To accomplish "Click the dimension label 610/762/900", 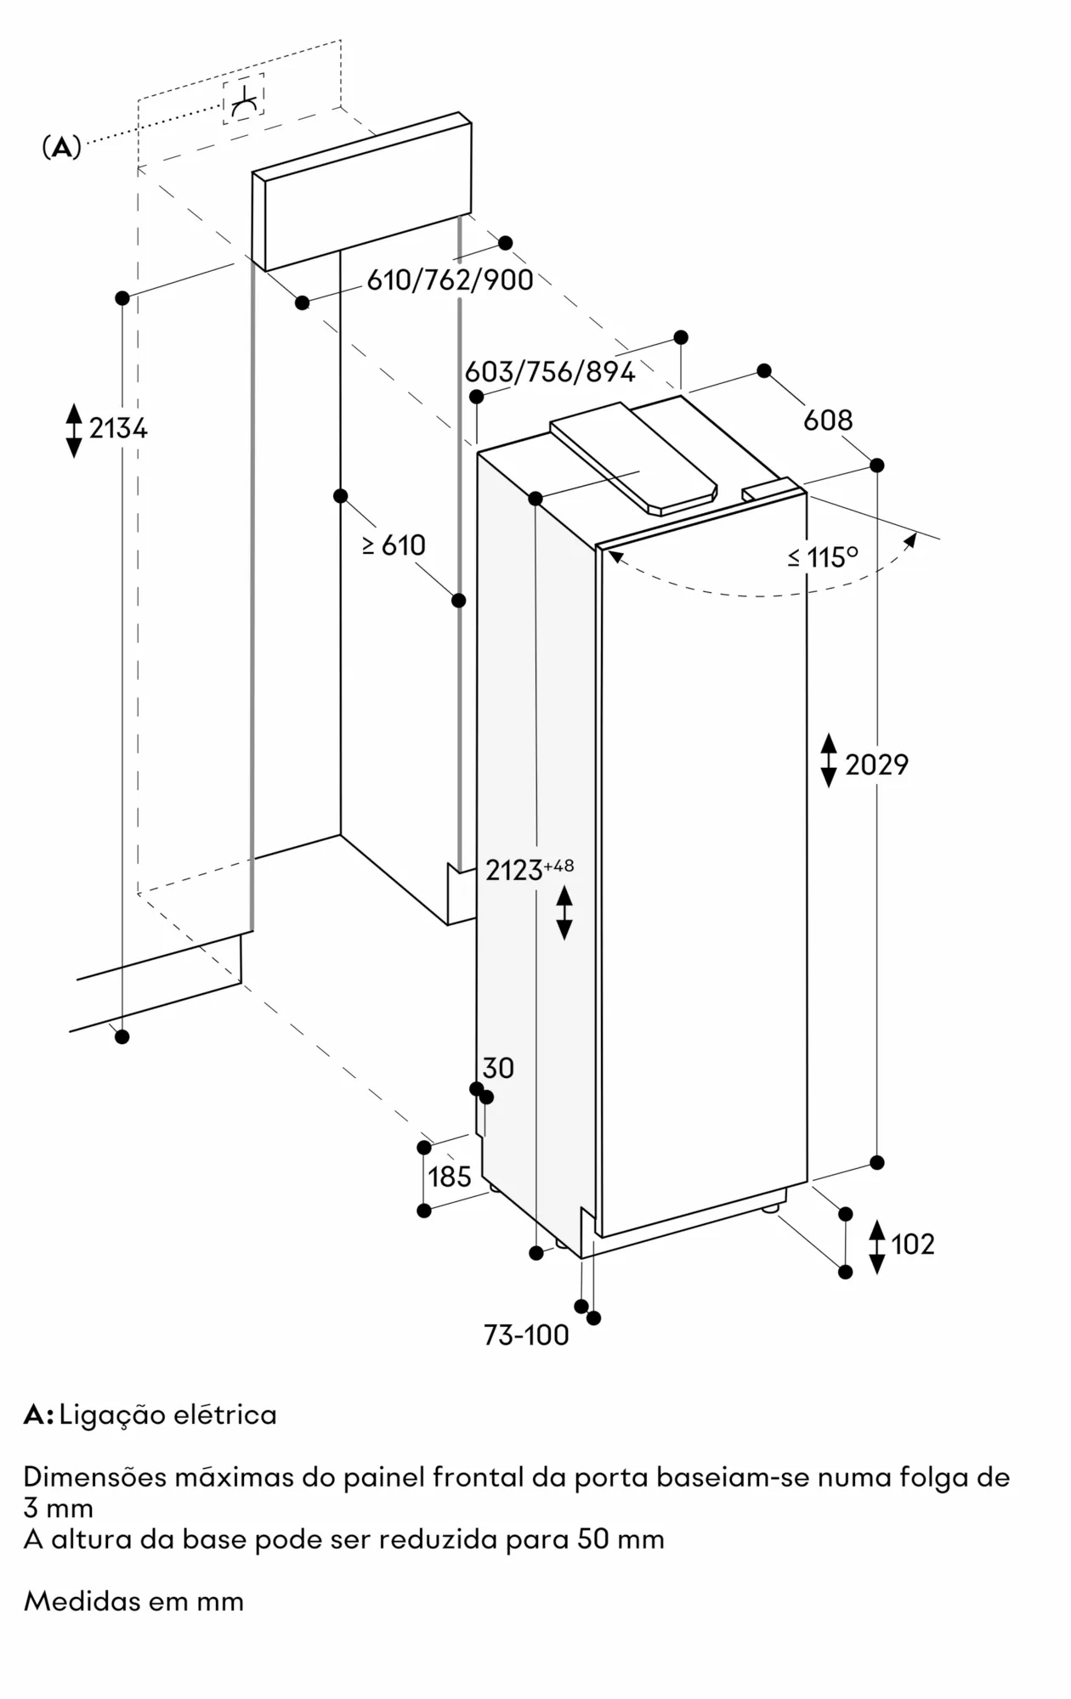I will [450, 279].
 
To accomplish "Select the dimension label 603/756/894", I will [550, 371].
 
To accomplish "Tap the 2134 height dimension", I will [118, 429].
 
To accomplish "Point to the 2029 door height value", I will [876, 765].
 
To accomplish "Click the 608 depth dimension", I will [828, 420].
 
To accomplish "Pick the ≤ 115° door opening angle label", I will [822, 557].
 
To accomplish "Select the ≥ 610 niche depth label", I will [394, 545].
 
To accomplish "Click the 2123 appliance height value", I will [514, 871].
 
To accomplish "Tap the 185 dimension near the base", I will [450, 1177].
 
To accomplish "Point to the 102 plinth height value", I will [913, 1245].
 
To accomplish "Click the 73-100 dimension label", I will [526, 1335].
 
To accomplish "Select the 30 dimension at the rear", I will [498, 1068].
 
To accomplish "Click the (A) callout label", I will [61, 147].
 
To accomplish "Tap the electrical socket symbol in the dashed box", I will [244, 99].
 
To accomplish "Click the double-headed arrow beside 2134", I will [74, 430].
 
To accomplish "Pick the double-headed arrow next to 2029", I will [829, 761].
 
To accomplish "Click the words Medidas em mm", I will [133, 1602].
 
